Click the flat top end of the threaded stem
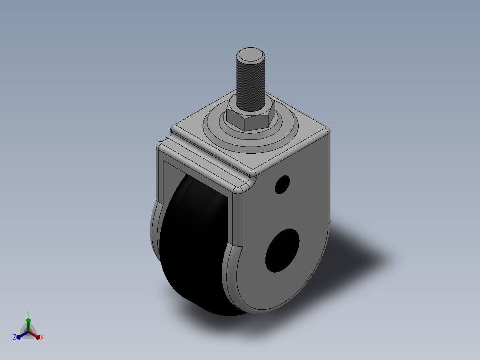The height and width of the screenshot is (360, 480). pos(250,55)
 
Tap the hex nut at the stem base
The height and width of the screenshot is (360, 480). pos(250,118)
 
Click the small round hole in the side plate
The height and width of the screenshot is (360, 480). pos(282,184)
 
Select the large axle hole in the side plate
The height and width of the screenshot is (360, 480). pos(282,250)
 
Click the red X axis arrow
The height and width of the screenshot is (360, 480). pos(34,335)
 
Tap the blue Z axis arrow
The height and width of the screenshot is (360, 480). pos(22,335)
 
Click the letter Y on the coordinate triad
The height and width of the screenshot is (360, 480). pos(28,314)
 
